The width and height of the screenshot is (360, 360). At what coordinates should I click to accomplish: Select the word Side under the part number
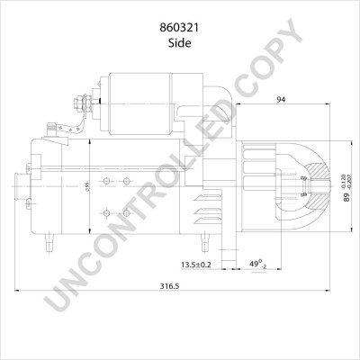pos(179,32)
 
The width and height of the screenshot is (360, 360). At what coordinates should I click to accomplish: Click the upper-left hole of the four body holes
pos(107,181)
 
